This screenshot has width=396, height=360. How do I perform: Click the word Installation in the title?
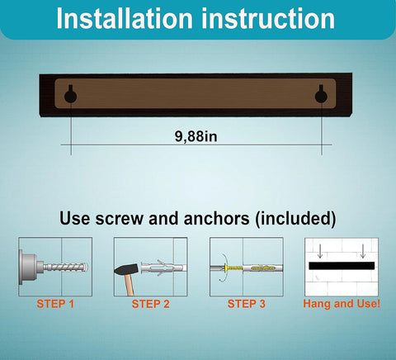tap(125, 18)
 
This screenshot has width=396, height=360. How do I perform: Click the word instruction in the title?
tap(268, 18)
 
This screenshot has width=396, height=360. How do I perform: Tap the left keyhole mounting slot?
tap(70, 93)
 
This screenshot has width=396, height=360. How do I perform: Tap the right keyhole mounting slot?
tap(321, 93)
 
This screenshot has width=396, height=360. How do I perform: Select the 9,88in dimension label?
tap(196, 136)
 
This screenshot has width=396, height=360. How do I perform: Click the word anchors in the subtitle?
tap(216, 218)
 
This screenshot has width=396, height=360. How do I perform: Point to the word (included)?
tap(295, 219)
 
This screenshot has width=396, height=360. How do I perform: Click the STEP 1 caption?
tap(55, 304)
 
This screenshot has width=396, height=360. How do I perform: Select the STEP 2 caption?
tap(151, 304)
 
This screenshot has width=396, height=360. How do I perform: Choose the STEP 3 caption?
tap(247, 304)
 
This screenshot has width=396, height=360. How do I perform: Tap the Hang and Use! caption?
tap(342, 304)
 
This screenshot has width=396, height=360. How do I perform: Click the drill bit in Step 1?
tap(65, 267)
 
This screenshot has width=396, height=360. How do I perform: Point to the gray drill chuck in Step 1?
tap(31, 268)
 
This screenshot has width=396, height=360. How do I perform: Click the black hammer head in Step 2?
tap(126, 269)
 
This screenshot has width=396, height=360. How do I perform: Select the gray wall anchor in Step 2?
tap(163, 268)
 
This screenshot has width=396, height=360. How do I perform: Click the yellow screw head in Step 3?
tap(226, 268)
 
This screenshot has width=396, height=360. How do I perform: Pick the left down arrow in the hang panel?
tap(319, 251)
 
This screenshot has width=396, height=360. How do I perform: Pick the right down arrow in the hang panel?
tap(363, 251)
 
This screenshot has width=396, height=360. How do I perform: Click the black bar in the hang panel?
tap(342, 266)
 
